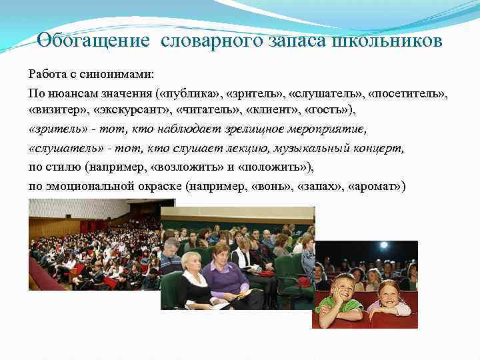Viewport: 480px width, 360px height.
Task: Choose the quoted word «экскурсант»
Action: pos(133,109)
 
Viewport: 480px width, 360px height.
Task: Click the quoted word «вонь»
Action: pos(275,185)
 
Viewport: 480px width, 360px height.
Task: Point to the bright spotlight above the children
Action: pos(383,245)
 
